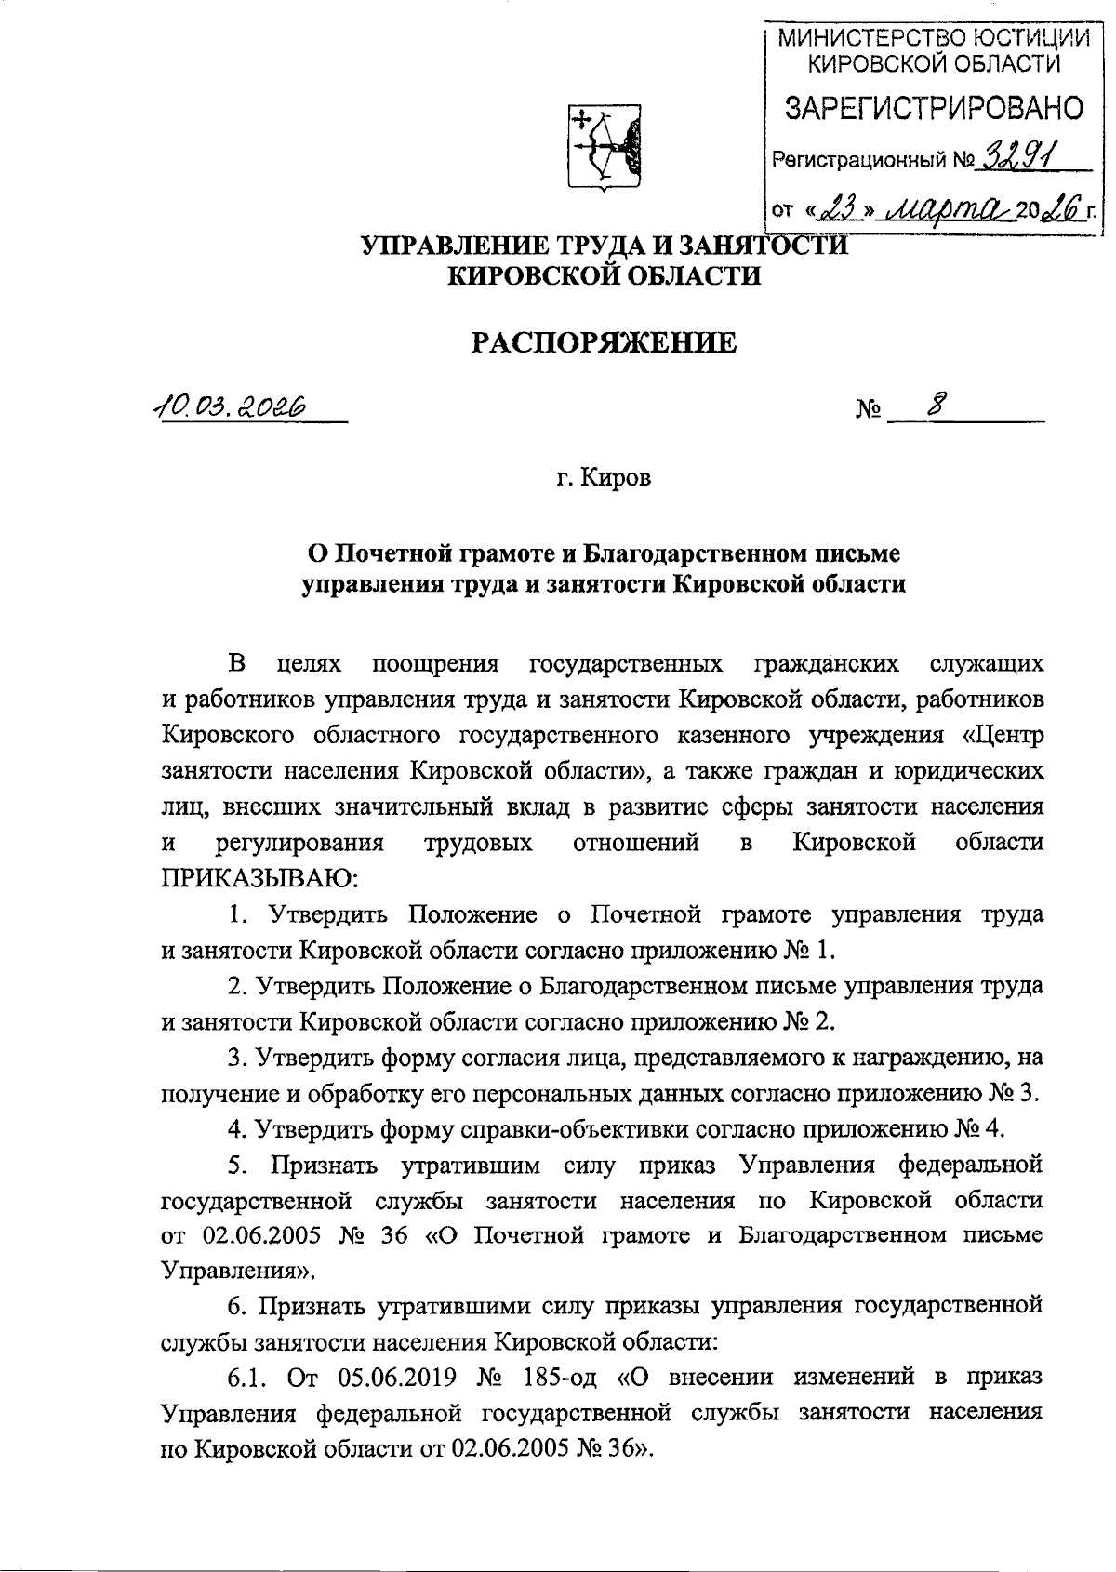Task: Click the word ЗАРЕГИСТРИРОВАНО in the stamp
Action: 933,108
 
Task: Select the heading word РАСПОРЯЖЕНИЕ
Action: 605,343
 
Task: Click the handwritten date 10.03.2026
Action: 232,406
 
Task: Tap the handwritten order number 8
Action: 935,404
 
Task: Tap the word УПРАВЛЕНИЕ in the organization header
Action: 450,246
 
